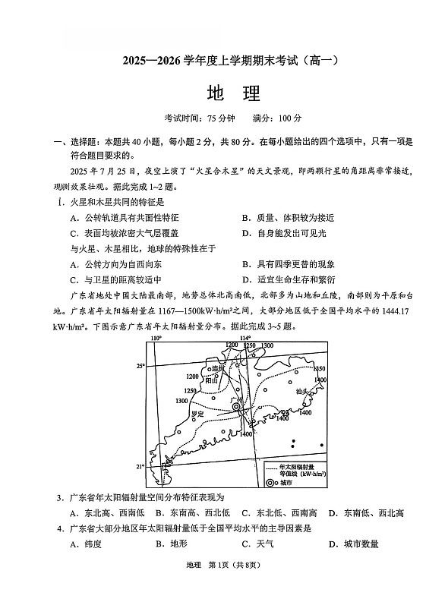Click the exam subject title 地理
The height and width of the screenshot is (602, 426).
pyautogui.click(x=233, y=93)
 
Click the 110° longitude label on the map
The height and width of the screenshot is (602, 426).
pyautogui.click(x=156, y=337)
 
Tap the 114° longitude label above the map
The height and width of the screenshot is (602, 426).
pyautogui.click(x=245, y=337)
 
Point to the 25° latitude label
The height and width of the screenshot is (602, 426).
pyautogui.click(x=140, y=366)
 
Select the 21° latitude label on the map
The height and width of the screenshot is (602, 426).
pyautogui.click(x=140, y=466)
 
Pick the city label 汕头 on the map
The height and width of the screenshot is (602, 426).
pyautogui.click(x=303, y=392)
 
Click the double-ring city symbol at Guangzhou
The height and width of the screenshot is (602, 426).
pyautogui.click(x=237, y=407)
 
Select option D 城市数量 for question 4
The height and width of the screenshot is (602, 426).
pyautogui.click(x=354, y=544)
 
